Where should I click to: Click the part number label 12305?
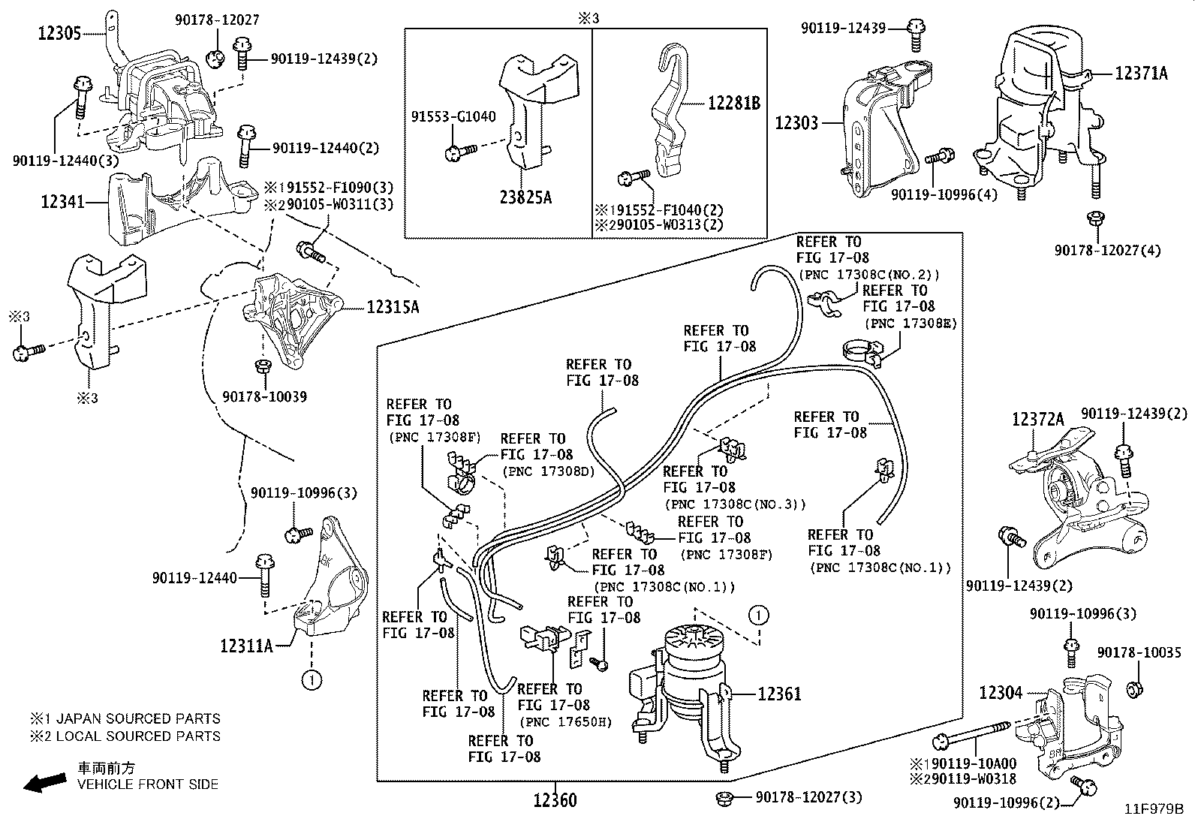click(61, 32)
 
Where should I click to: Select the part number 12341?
click(63, 202)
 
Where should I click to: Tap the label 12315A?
click(393, 307)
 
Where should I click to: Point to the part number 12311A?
click(246, 645)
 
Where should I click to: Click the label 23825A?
click(525, 197)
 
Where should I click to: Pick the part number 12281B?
click(733, 104)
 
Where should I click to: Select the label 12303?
click(796, 122)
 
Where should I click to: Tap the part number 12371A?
click(1141, 73)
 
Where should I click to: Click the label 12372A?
click(1037, 420)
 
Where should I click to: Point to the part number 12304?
click(1001, 692)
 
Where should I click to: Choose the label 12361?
click(779, 694)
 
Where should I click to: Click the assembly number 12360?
click(555, 800)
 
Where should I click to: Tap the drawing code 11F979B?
click(1153, 810)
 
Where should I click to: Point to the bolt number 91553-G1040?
click(453, 117)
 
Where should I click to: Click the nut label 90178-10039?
click(264, 396)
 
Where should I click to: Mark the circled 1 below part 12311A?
click(312, 680)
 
